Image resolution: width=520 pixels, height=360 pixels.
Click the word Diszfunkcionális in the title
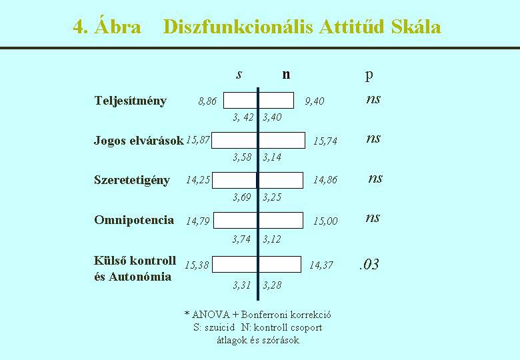238,27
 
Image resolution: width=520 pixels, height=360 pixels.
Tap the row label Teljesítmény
130,101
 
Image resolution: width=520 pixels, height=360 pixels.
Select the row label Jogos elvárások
139,141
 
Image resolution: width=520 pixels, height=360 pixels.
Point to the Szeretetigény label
132,180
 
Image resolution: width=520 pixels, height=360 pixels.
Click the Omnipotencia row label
134,220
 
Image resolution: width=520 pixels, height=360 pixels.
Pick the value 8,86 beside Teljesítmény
207,101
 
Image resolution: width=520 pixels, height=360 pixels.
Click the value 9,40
315,101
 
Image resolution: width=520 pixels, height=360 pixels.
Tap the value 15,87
197,140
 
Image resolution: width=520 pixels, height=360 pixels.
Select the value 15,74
325,141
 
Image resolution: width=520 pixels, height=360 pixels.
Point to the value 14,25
198,180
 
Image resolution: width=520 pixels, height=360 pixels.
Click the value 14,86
325,180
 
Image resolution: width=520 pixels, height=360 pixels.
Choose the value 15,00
325,221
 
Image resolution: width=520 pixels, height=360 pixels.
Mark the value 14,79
197,221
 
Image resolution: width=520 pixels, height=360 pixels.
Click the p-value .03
369,265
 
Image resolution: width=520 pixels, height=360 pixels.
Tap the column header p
369,76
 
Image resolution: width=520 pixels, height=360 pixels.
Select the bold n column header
286,75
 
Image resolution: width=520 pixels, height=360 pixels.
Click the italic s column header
239,75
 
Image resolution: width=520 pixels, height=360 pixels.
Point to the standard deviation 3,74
241,239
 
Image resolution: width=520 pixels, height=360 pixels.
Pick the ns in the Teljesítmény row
373,99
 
